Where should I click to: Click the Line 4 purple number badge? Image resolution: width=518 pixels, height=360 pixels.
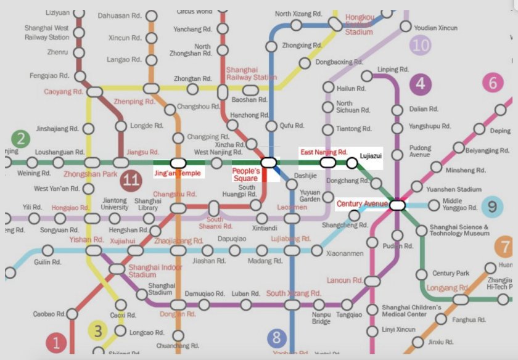421,84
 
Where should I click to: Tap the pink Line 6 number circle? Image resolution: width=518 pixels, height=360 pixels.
492,83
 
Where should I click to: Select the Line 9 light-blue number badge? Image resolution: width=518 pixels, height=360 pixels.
491,207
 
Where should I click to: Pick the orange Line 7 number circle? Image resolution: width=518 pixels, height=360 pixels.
505,248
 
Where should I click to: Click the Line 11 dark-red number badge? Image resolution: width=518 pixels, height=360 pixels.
130,180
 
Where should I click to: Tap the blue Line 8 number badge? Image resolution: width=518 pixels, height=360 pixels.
277,338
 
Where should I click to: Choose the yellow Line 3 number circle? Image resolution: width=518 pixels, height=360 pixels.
99,331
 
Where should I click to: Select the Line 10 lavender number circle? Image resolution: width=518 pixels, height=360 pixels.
421,44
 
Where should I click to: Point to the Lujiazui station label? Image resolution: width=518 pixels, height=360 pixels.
371,157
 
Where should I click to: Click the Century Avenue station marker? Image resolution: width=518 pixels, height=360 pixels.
397,205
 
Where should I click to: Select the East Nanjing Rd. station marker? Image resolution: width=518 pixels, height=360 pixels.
327,163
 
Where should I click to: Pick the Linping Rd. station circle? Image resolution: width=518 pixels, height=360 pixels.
368,76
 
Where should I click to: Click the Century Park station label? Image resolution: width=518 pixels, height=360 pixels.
451,273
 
